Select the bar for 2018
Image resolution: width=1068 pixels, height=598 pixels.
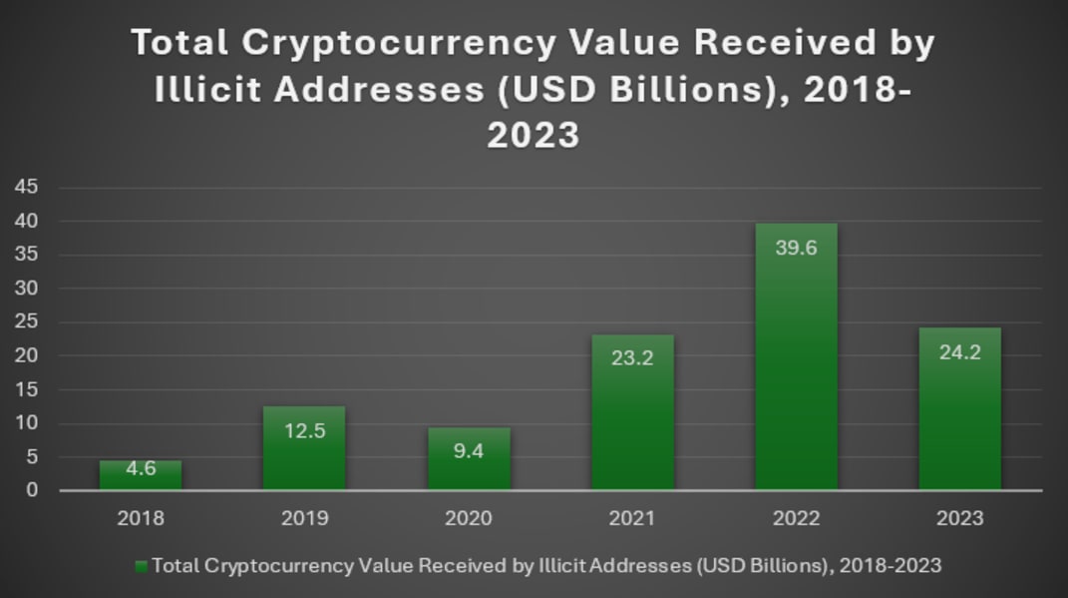pyautogui.click(x=141, y=475)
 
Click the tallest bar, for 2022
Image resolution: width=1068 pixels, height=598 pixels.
pyautogui.click(x=796, y=356)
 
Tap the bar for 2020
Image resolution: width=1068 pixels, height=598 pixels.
pyautogui.click(x=469, y=459)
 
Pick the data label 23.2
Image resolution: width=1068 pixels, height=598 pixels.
pyautogui.click(x=632, y=358)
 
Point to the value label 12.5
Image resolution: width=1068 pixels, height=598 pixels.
pyautogui.click(x=304, y=431)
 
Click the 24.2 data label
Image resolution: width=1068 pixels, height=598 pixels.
pyautogui.click(x=959, y=352)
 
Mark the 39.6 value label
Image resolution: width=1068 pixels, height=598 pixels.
pyautogui.click(x=796, y=248)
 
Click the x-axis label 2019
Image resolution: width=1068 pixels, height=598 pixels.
pyautogui.click(x=304, y=518)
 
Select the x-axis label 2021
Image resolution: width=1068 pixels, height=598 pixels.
pyautogui.click(x=632, y=518)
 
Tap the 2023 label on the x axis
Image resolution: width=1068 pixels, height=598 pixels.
pyautogui.click(x=959, y=518)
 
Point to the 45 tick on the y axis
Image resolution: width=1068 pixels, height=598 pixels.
pyautogui.click(x=26, y=187)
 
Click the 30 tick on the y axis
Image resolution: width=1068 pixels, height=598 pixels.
pyautogui.click(x=26, y=288)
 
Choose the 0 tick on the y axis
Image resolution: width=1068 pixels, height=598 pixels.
pyautogui.click(x=32, y=490)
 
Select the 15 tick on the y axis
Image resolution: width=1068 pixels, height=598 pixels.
pyautogui.click(x=26, y=389)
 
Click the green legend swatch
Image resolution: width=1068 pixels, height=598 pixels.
pyautogui.click(x=141, y=567)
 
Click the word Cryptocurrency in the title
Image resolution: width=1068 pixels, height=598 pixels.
pyautogui.click(x=399, y=43)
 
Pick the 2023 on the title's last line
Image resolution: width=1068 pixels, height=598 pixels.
pyautogui.click(x=534, y=135)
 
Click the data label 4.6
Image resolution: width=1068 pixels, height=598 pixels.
pyautogui.click(x=141, y=468)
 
